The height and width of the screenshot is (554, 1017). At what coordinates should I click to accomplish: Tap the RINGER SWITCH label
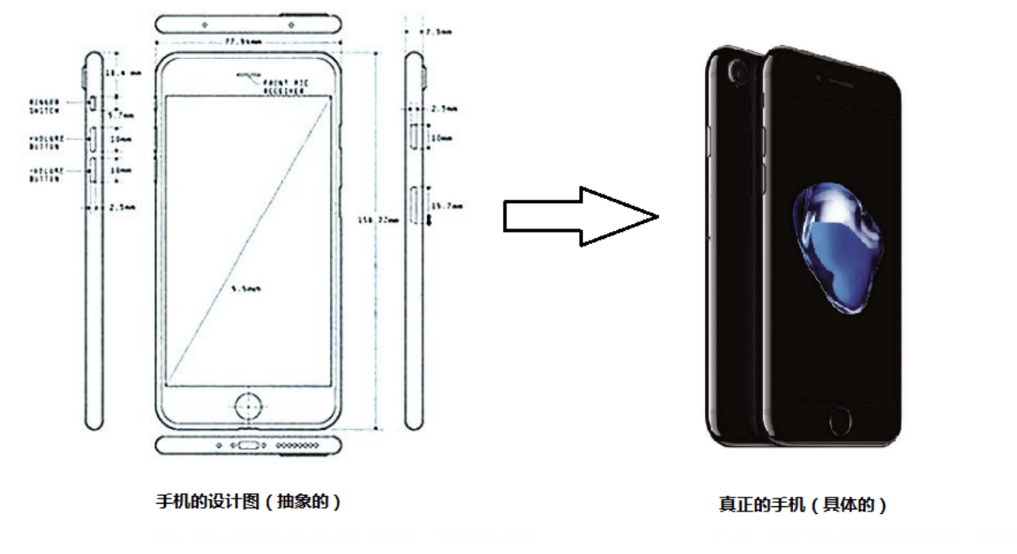click(x=45, y=105)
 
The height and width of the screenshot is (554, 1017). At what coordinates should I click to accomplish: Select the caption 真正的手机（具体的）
click(x=803, y=505)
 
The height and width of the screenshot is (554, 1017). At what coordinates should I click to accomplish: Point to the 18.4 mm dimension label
click(x=122, y=74)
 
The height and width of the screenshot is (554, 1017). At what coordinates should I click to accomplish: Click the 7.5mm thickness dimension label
click(x=438, y=32)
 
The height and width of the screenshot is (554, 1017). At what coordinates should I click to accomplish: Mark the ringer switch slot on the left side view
click(x=91, y=105)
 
